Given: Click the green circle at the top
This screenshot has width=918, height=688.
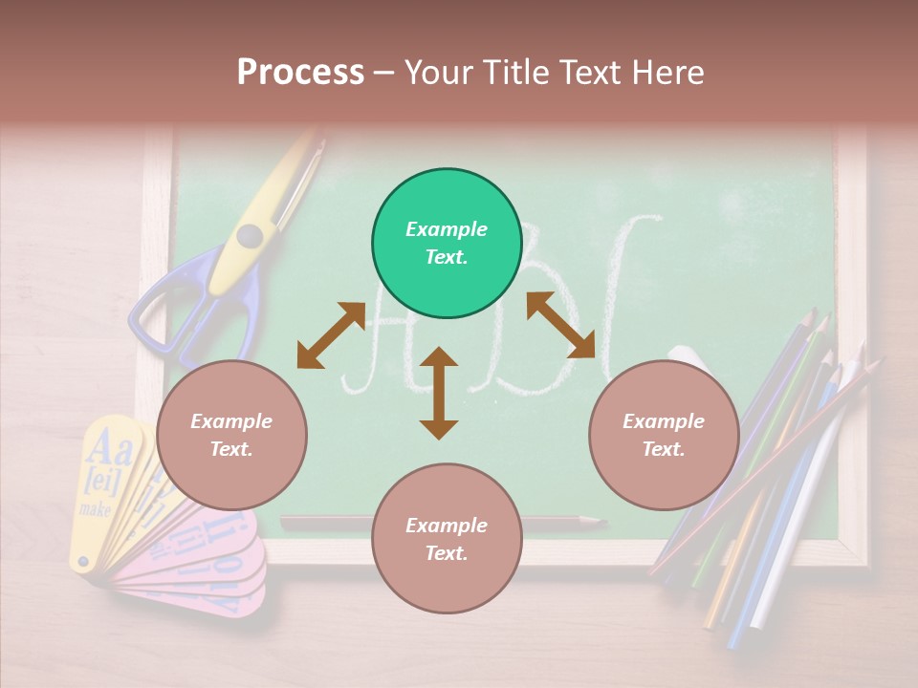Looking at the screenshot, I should pyautogui.click(x=447, y=244).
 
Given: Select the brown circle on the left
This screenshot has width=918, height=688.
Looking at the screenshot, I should pyautogui.click(x=231, y=436).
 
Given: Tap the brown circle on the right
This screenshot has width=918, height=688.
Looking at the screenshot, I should pyautogui.click(x=664, y=436).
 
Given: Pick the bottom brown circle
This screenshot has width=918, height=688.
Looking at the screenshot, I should pyautogui.click(x=447, y=539).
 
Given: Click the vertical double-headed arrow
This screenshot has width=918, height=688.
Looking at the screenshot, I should pyautogui.click(x=439, y=393).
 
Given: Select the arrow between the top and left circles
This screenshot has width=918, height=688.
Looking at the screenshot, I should pyautogui.click(x=331, y=334).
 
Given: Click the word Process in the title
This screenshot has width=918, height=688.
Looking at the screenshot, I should pyautogui.click(x=300, y=72).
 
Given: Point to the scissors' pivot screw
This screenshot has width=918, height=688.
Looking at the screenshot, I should pyautogui.click(x=250, y=235).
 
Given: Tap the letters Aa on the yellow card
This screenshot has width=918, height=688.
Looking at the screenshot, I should pyautogui.click(x=109, y=445).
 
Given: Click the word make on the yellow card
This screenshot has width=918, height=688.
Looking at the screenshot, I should pyautogui.click(x=97, y=509).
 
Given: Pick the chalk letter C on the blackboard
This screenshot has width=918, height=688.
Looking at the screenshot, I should pyautogui.click(x=626, y=287).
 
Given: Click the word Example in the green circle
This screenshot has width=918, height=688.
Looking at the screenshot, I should pyautogui.click(x=447, y=229).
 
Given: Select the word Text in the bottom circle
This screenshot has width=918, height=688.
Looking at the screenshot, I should pyautogui.click(x=445, y=553).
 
